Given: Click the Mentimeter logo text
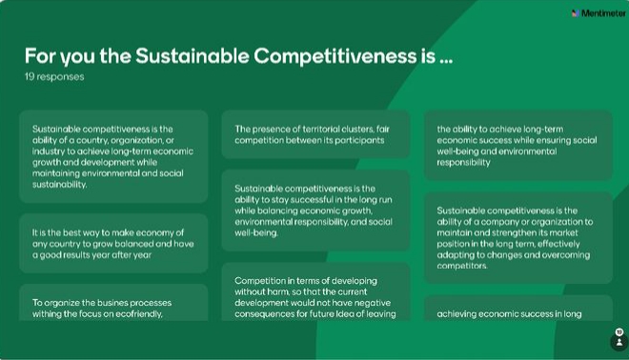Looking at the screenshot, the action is (x=603, y=13).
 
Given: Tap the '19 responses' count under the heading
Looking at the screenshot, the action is (x=54, y=76).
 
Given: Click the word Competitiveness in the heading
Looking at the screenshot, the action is (x=335, y=56).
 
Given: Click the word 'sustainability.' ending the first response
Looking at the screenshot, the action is (x=59, y=185).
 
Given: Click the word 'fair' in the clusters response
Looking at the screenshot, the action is (x=383, y=130).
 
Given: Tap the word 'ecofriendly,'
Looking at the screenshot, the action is (x=139, y=314).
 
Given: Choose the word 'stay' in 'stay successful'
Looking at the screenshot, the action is (x=280, y=200).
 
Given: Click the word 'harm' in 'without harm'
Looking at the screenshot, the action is (x=278, y=291).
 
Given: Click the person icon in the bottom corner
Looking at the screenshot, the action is (x=619, y=342).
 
